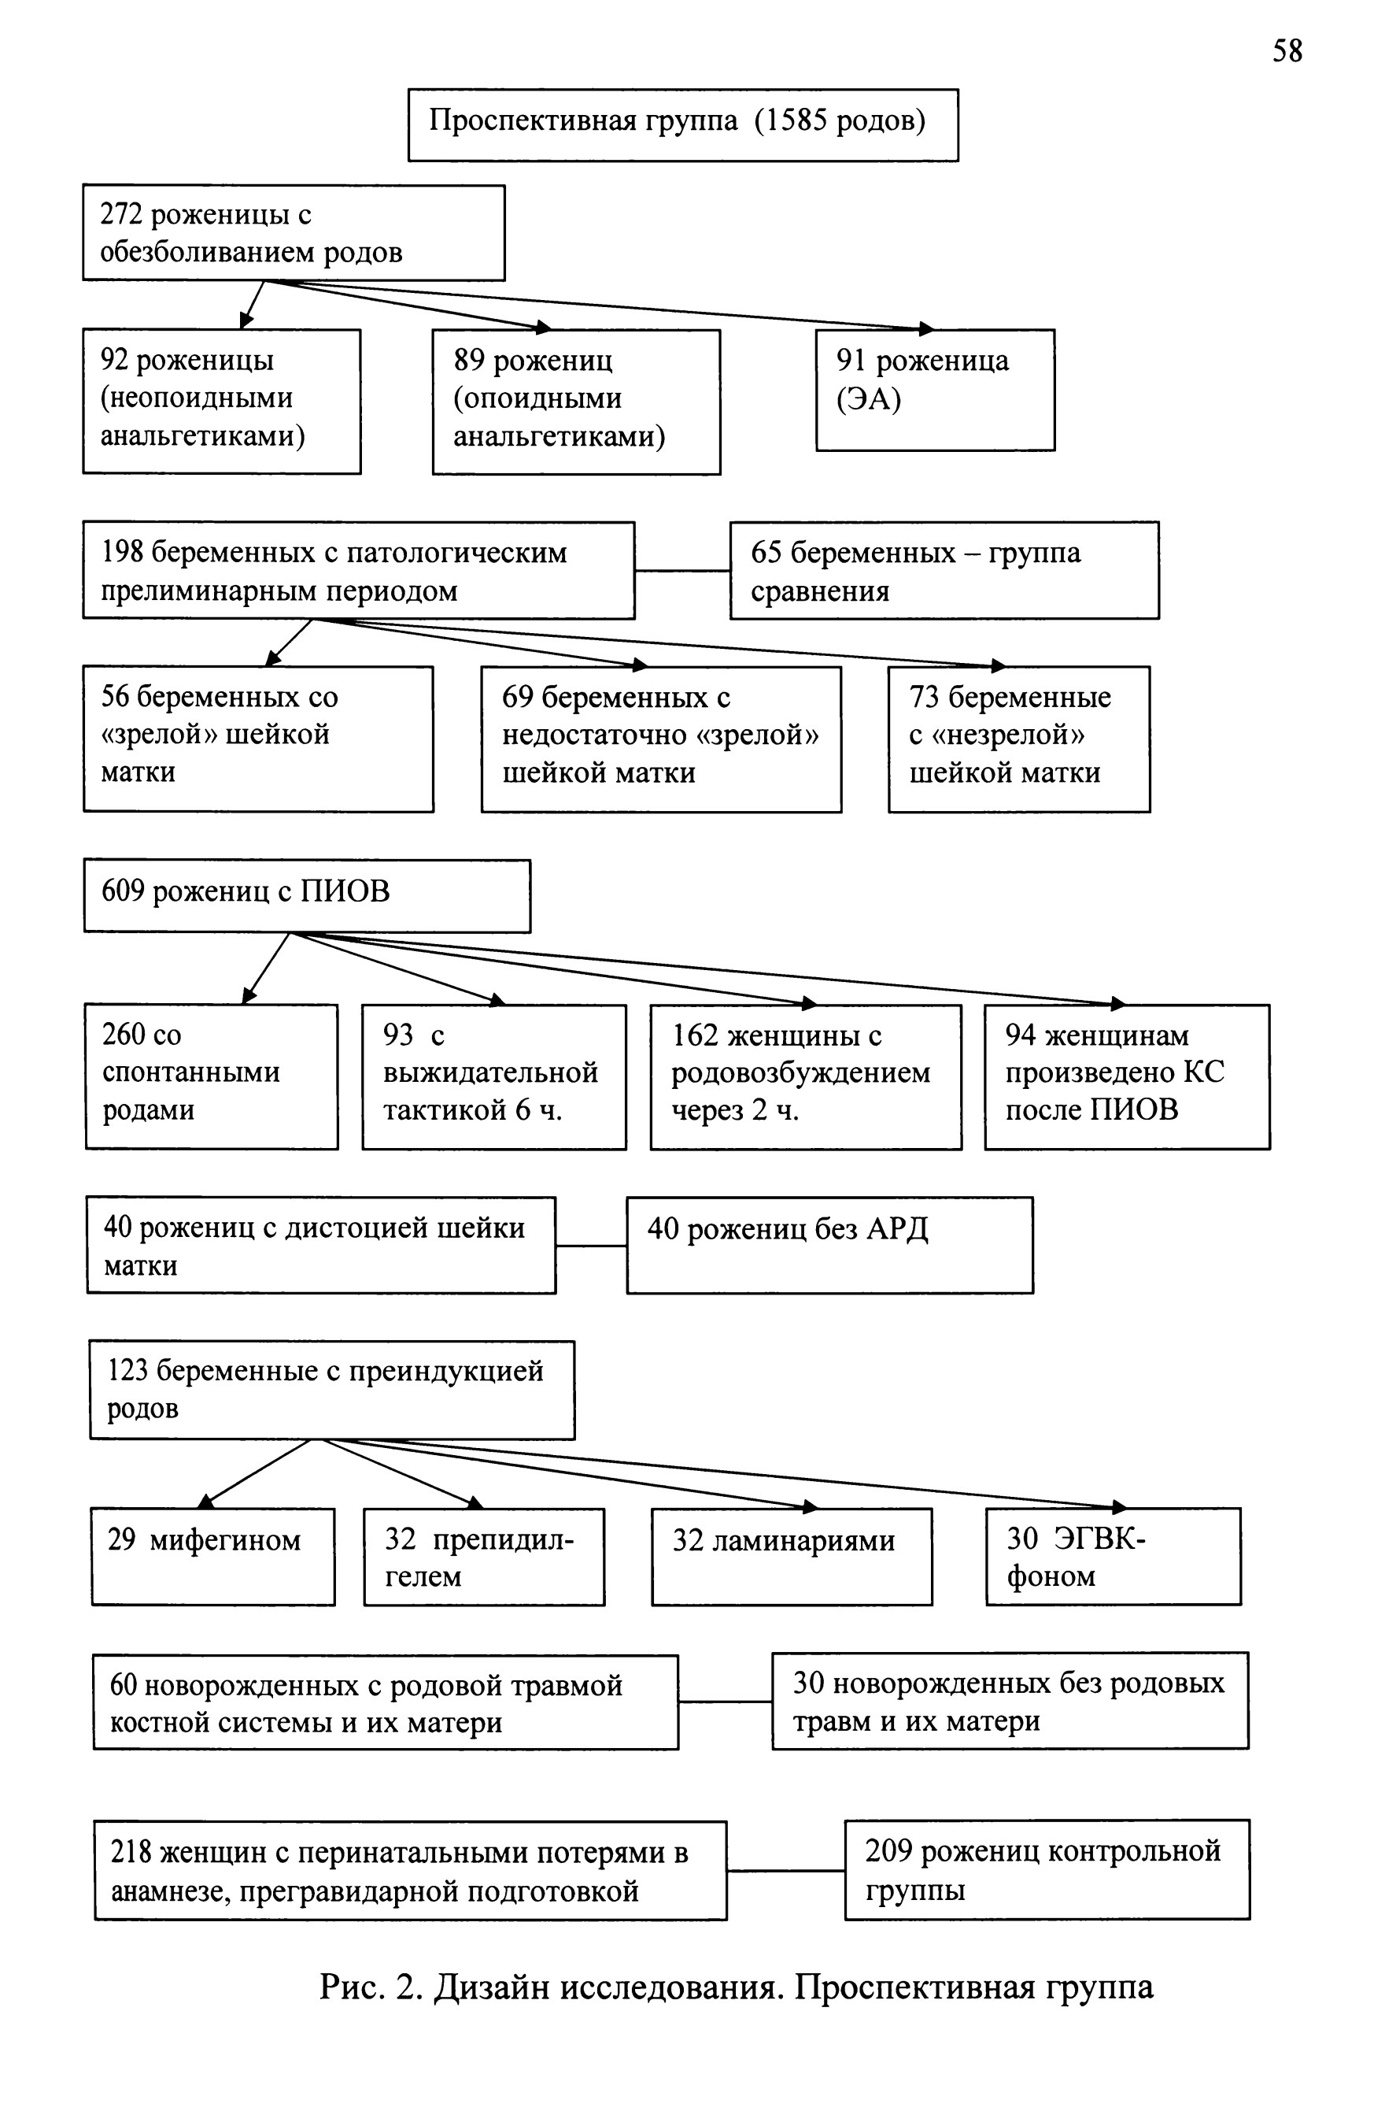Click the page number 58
pos(1287,51)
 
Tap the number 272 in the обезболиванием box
pos(121,214)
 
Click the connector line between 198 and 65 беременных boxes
pos(682,570)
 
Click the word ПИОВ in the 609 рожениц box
pos(345,891)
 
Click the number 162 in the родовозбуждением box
pos(695,1035)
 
